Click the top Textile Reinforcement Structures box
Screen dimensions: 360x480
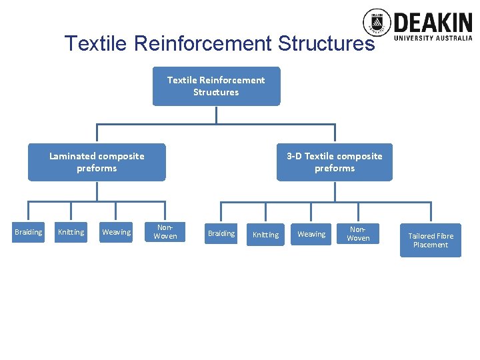tap(216, 86)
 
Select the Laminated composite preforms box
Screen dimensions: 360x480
tap(97, 162)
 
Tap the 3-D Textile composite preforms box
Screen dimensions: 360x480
tap(335, 162)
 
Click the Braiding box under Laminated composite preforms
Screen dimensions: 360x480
tap(28, 232)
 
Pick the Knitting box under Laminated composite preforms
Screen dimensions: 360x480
tap(71, 232)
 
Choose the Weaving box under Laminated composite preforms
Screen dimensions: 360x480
tap(117, 232)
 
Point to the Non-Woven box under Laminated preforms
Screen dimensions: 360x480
tap(165, 232)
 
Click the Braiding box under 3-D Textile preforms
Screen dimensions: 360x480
tap(221, 233)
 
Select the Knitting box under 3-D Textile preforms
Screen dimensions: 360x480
tap(266, 234)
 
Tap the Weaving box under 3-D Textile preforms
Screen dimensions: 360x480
tap(311, 234)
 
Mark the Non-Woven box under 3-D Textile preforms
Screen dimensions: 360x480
tap(358, 233)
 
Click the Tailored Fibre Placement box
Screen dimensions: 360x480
tap(431, 240)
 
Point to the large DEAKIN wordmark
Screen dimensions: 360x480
tap(433, 23)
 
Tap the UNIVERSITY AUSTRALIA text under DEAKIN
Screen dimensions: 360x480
tap(433, 39)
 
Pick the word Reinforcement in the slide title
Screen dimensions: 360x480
tap(203, 43)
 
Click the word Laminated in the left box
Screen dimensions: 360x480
tap(72, 156)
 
